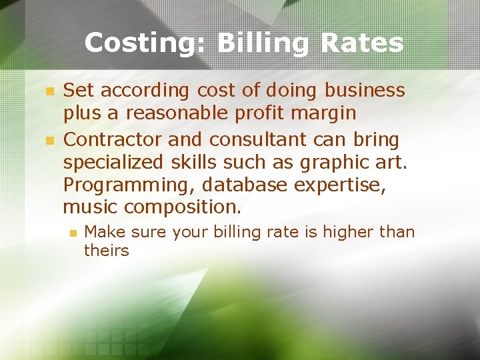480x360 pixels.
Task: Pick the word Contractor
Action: [x=113, y=140]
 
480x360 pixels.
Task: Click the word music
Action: [x=90, y=207]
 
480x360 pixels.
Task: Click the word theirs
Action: [x=106, y=251]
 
